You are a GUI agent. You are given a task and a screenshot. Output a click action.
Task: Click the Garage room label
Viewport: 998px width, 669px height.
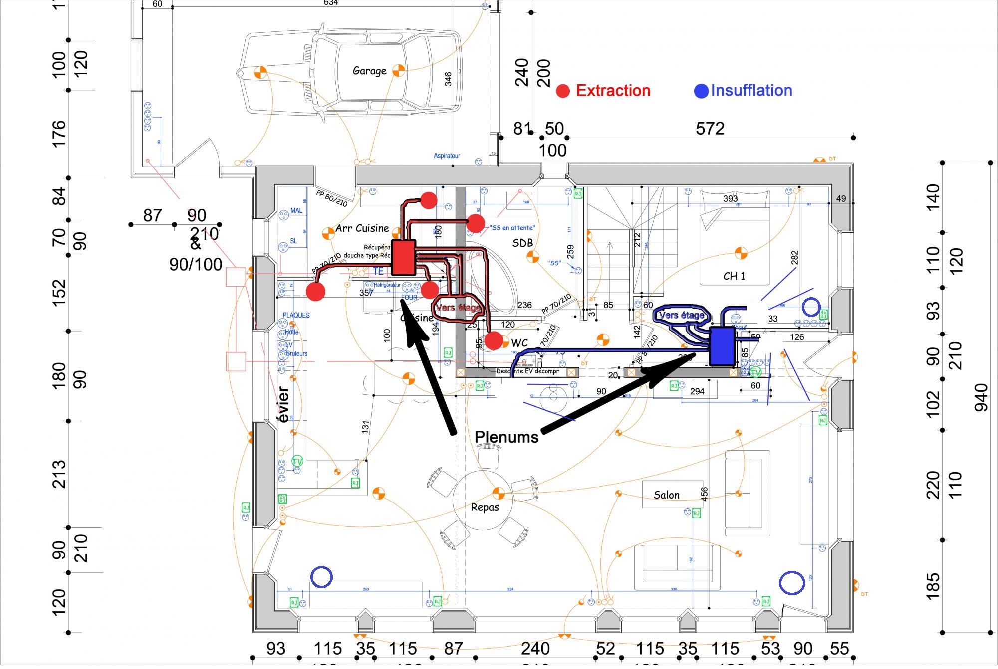(369, 71)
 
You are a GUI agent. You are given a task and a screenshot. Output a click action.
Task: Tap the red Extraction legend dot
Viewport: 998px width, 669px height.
(563, 91)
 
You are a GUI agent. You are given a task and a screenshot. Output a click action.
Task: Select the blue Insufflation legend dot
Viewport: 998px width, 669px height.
(701, 91)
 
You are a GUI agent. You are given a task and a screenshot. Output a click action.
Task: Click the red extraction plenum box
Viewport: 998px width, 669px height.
(403, 257)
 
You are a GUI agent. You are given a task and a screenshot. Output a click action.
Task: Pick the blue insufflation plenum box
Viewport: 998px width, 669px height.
(722, 346)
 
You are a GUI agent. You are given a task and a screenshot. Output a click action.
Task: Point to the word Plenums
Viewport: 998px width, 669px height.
(506, 437)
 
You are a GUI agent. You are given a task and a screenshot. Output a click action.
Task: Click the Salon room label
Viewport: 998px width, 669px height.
(667, 495)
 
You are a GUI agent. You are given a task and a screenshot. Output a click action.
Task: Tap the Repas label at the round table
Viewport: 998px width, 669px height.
(485, 507)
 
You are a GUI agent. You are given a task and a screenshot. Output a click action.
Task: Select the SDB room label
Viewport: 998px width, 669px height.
(522, 243)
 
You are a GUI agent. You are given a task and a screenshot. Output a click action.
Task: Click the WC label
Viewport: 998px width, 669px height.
(519, 343)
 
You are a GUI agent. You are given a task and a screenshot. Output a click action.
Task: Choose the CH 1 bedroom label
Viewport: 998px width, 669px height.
(734, 276)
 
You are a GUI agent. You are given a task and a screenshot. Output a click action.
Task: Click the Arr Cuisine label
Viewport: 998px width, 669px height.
(362, 228)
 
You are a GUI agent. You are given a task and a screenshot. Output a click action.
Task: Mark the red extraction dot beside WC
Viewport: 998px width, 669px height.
(494, 341)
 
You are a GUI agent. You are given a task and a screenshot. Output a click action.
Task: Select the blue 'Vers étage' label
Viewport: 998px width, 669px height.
(681, 315)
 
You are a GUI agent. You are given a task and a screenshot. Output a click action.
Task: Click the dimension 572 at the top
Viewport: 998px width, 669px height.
(710, 129)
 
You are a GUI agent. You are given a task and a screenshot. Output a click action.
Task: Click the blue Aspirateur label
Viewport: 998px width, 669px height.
(447, 156)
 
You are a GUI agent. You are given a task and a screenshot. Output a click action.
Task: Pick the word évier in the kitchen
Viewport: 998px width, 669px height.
(283, 405)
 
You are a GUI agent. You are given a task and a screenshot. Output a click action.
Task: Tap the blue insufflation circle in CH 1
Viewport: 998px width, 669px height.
(811, 307)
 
